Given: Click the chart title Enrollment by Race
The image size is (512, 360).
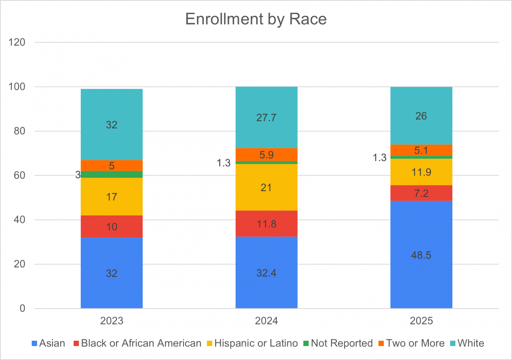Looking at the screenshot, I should coord(256,19).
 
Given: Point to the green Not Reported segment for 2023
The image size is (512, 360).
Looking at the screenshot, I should coord(112,174).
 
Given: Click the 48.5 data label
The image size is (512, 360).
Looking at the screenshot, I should coord(421,255).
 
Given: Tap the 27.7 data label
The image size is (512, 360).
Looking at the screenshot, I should coord(266,118).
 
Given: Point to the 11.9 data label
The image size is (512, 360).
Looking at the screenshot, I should coord(421,172).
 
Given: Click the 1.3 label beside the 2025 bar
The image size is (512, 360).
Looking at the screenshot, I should coord(379,158).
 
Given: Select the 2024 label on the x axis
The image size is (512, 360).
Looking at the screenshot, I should coord(266,321).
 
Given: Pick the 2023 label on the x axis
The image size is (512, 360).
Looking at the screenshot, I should coord(112,321).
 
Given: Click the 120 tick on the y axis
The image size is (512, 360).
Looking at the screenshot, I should coord(17,42).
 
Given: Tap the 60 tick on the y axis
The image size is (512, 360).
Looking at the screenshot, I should coord(20,175).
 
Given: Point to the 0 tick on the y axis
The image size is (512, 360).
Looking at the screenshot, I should coord(22,308).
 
